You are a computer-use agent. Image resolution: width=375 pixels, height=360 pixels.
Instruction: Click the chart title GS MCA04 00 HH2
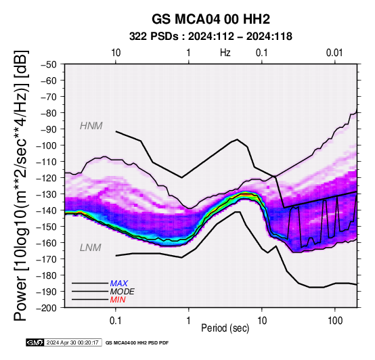(211, 19)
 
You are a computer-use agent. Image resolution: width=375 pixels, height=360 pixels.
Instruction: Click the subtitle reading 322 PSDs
(154, 37)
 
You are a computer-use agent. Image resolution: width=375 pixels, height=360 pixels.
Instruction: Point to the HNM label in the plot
(91, 126)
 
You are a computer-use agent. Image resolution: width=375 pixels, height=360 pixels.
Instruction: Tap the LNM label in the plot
(91, 248)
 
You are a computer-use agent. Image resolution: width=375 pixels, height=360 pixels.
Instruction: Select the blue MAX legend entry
(119, 284)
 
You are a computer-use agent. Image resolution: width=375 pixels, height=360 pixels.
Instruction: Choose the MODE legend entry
(123, 292)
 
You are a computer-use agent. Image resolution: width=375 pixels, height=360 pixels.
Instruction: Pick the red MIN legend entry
(118, 300)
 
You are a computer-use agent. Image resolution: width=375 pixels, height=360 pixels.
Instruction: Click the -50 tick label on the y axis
(48, 64)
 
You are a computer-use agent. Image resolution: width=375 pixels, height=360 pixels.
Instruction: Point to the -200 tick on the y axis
(47, 308)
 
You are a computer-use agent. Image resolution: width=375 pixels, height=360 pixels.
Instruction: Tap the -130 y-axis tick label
(47, 194)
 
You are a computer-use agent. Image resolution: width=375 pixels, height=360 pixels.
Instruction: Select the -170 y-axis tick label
(47, 259)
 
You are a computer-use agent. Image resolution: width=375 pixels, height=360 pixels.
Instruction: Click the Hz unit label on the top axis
(225, 53)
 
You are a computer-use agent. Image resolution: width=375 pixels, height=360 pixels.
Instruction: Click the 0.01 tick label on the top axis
(334, 53)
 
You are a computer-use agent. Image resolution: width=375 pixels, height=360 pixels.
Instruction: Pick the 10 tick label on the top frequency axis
(116, 53)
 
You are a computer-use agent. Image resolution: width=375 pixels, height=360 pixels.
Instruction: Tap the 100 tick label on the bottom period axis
(335, 321)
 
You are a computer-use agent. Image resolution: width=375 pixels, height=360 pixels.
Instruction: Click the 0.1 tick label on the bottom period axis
(116, 321)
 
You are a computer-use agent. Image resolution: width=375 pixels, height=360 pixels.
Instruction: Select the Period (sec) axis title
(225, 328)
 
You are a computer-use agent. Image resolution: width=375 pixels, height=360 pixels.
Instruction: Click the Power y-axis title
(20, 185)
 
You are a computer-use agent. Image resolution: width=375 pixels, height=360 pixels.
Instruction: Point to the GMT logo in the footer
(35, 342)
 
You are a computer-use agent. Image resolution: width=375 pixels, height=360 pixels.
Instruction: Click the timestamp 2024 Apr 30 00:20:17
(72, 343)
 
